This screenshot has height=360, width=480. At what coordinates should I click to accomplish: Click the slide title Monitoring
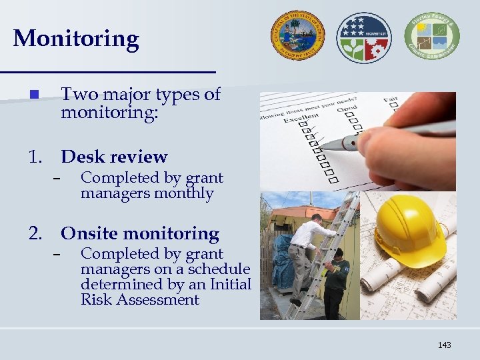tap(75, 39)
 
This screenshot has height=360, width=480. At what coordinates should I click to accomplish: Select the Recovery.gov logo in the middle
tap(363, 37)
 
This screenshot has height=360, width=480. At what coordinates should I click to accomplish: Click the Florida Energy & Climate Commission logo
tap(431, 37)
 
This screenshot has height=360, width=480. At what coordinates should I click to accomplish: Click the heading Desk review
tap(114, 157)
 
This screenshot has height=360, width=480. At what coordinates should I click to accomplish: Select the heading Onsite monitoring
tap(140, 234)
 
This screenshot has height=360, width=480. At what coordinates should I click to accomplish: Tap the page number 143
tap(444, 345)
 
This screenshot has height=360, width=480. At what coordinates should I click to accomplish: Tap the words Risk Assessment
tap(140, 300)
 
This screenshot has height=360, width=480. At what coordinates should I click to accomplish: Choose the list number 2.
tap(35, 234)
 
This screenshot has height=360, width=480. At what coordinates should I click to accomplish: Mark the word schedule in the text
tap(217, 269)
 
